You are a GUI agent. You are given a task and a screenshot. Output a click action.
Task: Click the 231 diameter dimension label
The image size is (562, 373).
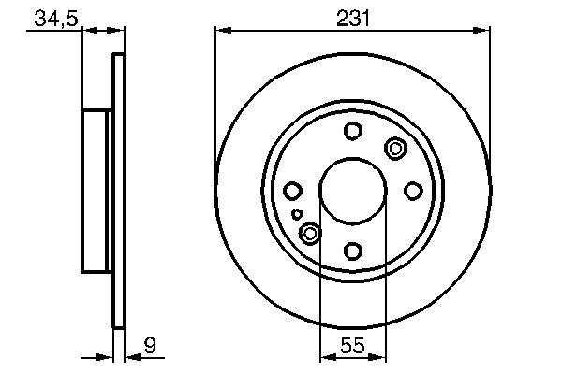click(353, 19)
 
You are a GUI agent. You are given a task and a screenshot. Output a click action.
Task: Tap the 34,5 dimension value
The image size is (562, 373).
click(56, 19)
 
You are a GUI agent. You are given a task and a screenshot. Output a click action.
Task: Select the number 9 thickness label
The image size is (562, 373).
click(150, 346)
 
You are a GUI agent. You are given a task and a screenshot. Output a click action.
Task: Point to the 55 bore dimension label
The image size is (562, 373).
click(352, 346)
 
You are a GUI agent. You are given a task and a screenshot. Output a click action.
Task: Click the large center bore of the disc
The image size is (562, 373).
click(353, 191)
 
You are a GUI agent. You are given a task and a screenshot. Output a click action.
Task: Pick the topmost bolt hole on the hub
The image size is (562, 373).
click(353, 131)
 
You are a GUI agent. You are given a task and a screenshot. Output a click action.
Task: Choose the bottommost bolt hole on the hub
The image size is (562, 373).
click(353, 251)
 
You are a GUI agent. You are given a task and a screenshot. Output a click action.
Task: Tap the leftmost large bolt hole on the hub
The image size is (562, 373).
click(292, 191)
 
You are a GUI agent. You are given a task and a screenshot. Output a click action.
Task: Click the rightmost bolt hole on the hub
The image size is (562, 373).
click(413, 191)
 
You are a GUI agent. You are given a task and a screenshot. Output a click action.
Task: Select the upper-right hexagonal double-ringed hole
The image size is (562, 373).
click(395, 148)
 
